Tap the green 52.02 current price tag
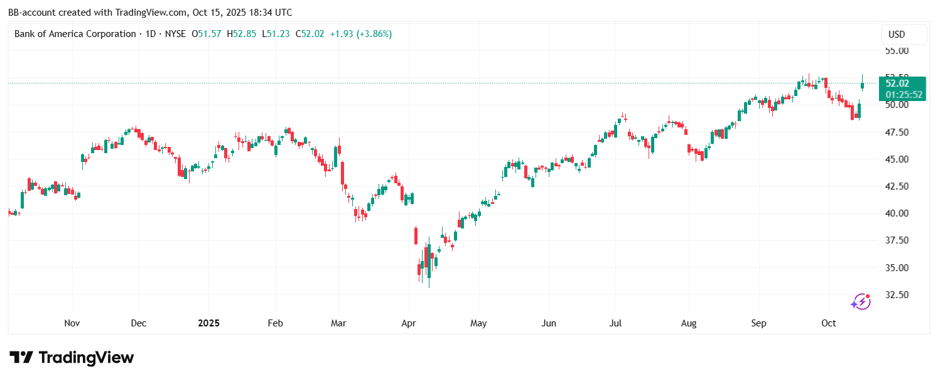[x=903, y=83]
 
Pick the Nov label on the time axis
[x=72, y=323]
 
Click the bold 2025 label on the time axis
[x=208, y=323]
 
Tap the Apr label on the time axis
[x=409, y=323]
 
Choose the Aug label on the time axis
[x=689, y=323]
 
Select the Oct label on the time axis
[x=829, y=323]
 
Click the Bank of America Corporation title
[x=75, y=34]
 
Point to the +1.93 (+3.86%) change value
[x=361, y=34]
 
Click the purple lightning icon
[x=860, y=302]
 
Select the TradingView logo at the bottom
[x=72, y=358]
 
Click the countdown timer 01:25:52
[x=903, y=95]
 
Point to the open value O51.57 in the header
[x=207, y=34]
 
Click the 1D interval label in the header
[x=150, y=34]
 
